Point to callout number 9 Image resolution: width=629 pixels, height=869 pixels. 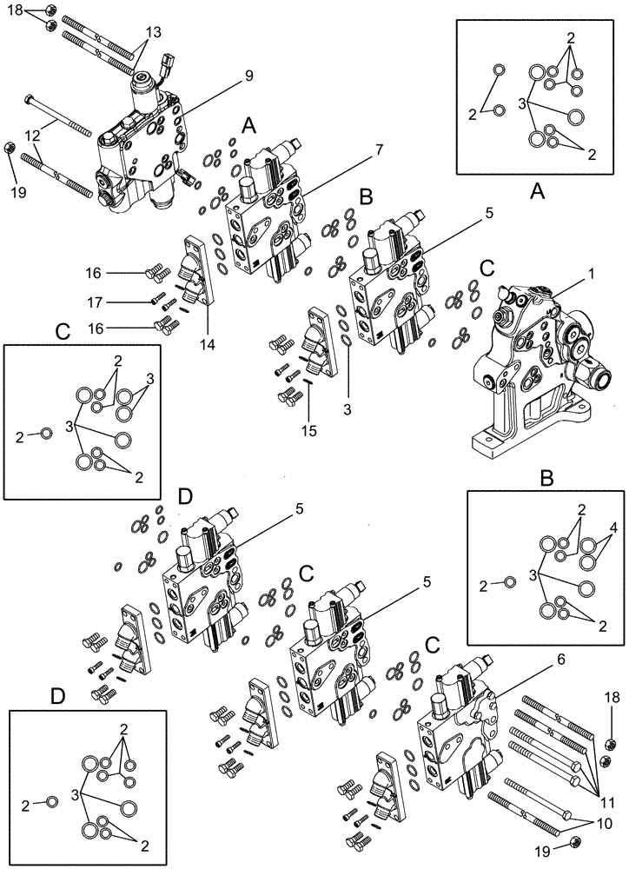click(248, 76)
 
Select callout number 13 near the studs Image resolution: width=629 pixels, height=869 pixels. click(153, 32)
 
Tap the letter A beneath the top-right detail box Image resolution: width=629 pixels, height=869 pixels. click(537, 194)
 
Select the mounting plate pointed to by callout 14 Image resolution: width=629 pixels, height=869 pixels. click(199, 270)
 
